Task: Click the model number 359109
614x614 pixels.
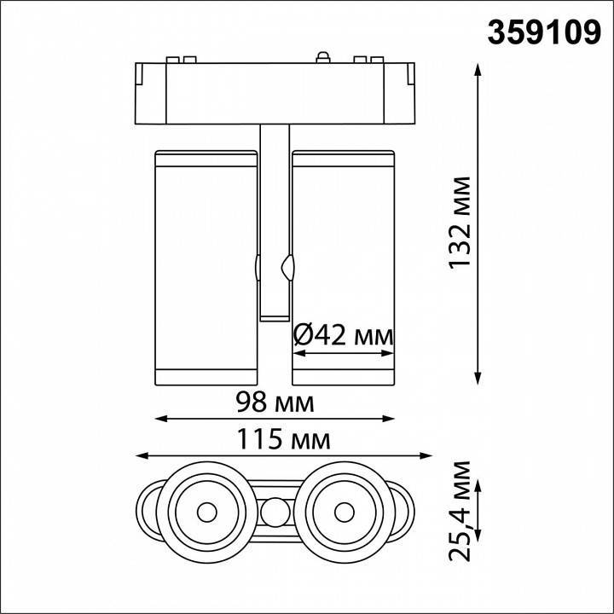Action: pos(543,32)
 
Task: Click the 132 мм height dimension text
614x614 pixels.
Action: pos(461,223)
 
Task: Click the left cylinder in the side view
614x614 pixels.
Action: pos(205,265)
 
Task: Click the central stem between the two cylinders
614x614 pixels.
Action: pos(275,222)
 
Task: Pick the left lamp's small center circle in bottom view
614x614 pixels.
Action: pos(206,513)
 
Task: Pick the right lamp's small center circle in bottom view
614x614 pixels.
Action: pos(345,513)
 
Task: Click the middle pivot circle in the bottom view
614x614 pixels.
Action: pos(275,513)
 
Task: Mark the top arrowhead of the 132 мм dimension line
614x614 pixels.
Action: pos(477,67)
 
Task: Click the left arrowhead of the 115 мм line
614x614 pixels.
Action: pos(142,455)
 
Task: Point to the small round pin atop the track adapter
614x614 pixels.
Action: pos(321,57)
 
